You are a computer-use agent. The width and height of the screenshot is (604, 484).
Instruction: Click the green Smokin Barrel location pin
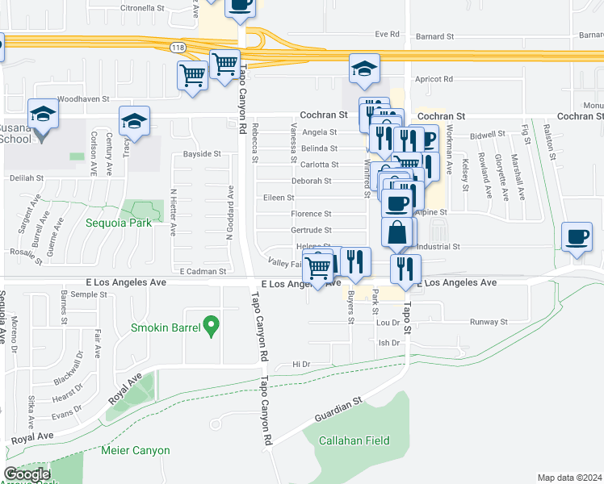(x=212, y=327)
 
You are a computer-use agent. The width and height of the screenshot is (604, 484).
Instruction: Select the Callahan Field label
(x=354, y=440)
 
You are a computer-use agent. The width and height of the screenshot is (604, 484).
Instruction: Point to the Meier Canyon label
(x=136, y=450)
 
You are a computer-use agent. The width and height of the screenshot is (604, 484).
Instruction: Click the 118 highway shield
(x=178, y=48)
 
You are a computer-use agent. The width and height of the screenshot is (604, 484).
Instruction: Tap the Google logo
(x=27, y=474)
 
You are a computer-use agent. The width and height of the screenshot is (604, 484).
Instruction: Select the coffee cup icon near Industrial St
(x=577, y=237)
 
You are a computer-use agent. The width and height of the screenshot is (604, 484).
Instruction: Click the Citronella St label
(x=141, y=7)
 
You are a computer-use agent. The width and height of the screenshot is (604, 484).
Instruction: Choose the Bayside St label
(x=201, y=153)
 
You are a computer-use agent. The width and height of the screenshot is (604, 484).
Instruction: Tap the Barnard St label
(x=436, y=35)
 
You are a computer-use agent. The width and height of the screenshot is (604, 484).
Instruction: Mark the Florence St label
(x=311, y=214)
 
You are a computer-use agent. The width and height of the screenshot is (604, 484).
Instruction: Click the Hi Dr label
(x=301, y=365)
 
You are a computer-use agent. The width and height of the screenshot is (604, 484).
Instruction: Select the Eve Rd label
(x=388, y=34)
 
